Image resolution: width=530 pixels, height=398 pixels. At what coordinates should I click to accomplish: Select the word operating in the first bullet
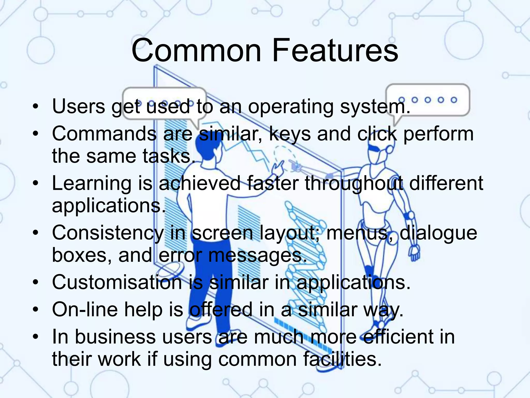(291, 107)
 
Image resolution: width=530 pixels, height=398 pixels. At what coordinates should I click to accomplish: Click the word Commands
(104, 134)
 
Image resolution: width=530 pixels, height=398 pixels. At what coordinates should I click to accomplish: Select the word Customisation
(117, 282)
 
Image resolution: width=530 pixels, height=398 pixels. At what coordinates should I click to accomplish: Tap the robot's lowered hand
(414, 252)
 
